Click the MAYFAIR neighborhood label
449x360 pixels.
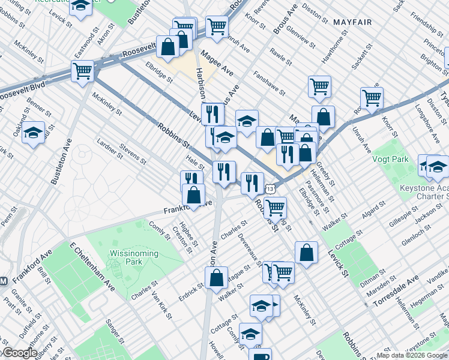coord(349,22)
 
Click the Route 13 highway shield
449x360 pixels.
coord(271,188)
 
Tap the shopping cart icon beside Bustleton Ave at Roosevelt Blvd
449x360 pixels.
coord(82,71)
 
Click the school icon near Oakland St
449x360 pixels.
coord(34,131)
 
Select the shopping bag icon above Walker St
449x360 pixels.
coord(216,277)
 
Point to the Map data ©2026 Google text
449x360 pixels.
coord(412,355)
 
